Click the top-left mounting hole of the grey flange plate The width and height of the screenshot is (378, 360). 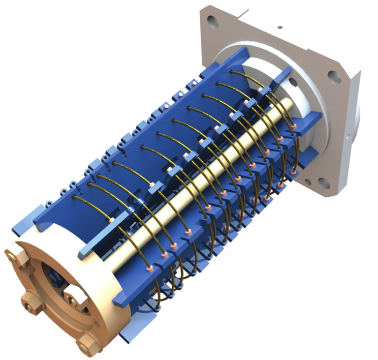point(212,21)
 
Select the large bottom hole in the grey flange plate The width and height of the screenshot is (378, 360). point(323,182)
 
